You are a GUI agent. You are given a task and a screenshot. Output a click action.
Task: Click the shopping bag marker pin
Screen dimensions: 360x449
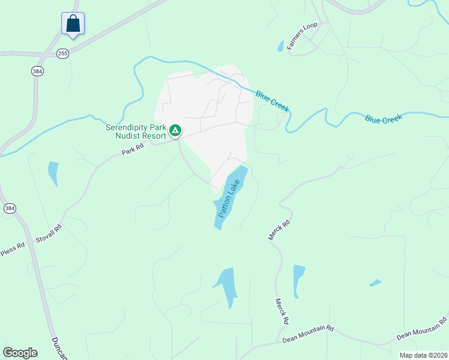[x=73, y=24]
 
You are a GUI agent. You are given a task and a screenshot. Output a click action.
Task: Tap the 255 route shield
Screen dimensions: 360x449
[x=62, y=54]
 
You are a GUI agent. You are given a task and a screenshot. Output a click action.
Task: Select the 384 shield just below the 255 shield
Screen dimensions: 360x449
[x=37, y=71]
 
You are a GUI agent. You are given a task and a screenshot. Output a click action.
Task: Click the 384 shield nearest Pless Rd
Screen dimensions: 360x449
[x=9, y=208]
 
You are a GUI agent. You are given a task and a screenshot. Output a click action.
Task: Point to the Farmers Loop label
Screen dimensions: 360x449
[x=301, y=37]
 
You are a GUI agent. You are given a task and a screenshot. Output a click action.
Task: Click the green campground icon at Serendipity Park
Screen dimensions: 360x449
[x=175, y=130]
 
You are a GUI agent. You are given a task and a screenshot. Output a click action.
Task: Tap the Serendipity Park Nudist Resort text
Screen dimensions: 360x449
[x=136, y=131]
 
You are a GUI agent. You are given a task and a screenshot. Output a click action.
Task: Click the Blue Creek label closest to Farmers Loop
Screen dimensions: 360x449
[x=272, y=101]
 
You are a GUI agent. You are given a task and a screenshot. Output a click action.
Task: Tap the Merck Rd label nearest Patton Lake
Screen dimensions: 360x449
[x=279, y=230]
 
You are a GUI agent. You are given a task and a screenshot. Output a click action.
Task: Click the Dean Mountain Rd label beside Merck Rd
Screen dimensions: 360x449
[x=307, y=335]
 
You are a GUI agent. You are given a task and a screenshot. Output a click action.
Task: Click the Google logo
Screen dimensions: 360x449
[x=20, y=353]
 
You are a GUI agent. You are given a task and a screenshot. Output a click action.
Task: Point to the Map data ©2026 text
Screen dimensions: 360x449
[x=423, y=355]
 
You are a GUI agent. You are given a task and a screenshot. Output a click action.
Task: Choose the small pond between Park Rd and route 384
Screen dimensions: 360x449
[x=53, y=173]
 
